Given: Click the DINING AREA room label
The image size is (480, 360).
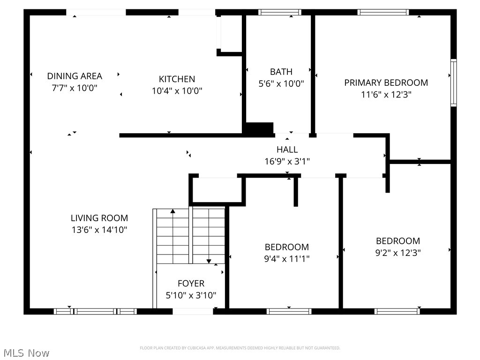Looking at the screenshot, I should (75, 76).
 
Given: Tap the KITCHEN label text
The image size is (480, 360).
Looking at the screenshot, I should (177, 79).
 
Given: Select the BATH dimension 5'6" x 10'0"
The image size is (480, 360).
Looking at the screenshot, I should (281, 84).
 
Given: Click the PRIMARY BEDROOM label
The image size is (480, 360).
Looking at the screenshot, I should (386, 82).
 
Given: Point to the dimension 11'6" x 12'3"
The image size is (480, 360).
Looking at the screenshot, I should (386, 94).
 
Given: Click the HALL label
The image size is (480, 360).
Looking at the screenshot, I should (287, 150).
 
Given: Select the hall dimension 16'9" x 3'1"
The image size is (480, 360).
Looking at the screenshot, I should (287, 161).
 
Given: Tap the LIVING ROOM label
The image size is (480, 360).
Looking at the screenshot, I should (99, 218).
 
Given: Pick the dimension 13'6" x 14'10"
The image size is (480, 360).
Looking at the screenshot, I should (99, 230).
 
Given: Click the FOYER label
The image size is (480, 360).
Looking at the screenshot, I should (191, 284).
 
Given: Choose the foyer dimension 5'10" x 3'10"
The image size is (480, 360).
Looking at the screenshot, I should (191, 295).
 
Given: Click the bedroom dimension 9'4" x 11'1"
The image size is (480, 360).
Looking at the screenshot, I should (287, 258).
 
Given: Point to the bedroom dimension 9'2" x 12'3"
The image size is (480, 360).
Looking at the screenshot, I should (398, 253).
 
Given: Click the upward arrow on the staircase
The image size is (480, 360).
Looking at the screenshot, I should (172, 212).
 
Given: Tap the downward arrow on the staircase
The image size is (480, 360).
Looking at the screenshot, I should (209, 261).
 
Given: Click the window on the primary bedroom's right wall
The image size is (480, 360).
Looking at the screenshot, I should (453, 83).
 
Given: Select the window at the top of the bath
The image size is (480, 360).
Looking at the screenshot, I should (280, 12).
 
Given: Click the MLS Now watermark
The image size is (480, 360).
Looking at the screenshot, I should (26, 352).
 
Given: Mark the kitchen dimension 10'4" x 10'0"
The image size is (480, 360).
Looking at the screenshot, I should (177, 91).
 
